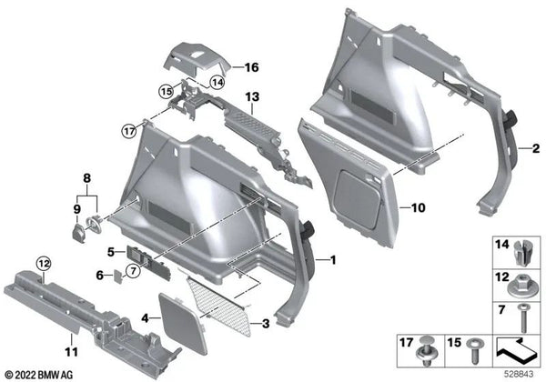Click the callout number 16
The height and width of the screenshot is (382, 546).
click(x=251, y=67)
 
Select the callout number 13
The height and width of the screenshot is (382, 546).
click(x=251, y=97)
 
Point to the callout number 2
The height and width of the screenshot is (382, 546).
click(x=536, y=147)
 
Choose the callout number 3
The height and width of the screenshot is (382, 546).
click(x=266, y=322)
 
